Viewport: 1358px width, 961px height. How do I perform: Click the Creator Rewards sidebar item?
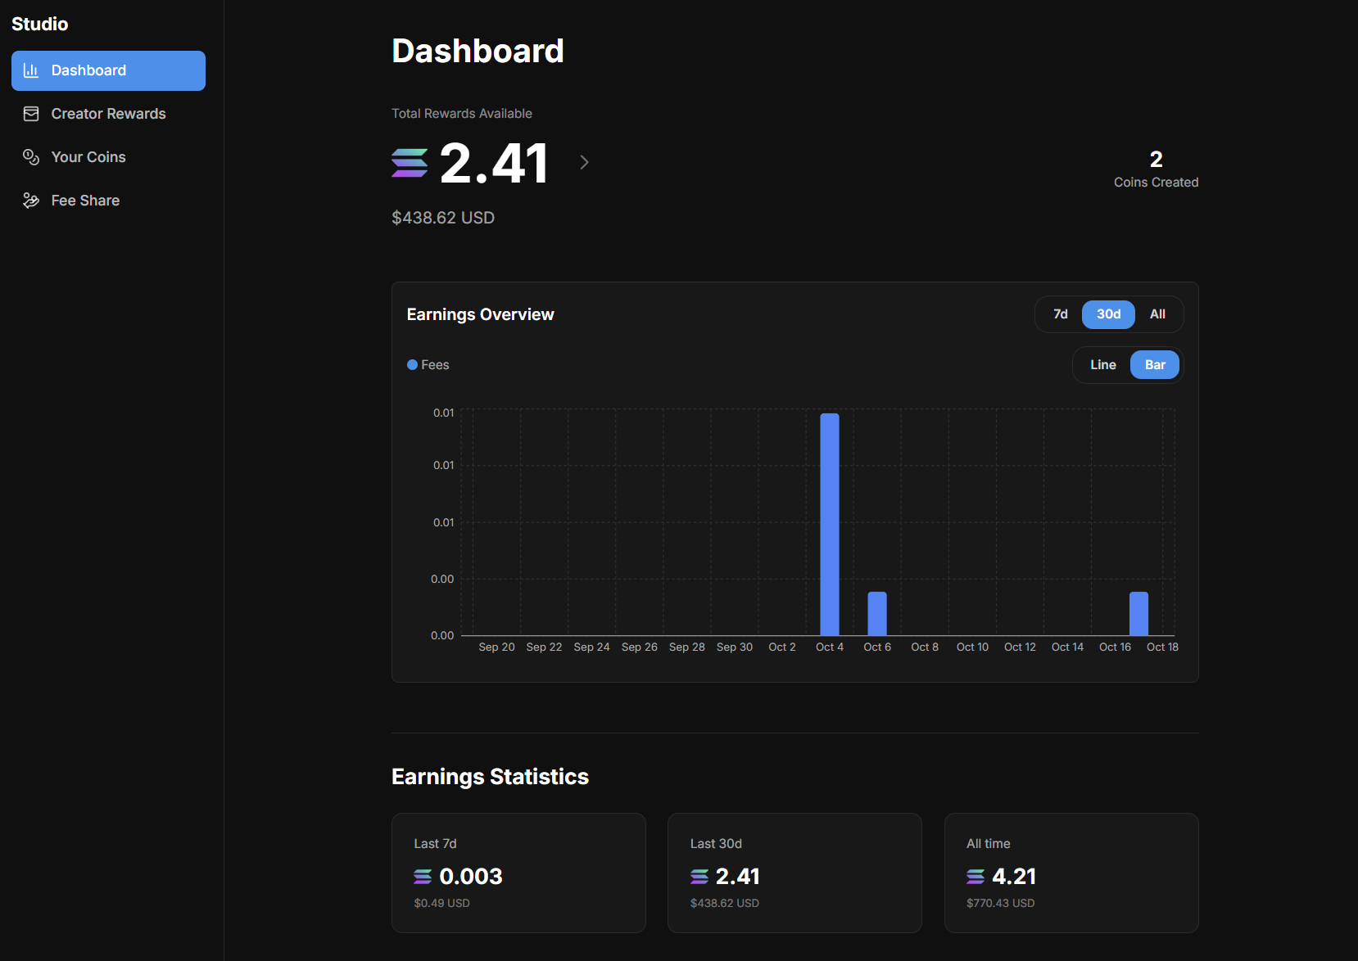click(107, 114)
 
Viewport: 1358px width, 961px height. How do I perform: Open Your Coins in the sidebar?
click(88, 157)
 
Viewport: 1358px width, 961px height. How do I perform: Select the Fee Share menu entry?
click(84, 201)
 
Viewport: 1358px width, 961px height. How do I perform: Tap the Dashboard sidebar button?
click(107, 70)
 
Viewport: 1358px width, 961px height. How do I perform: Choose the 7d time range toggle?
click(1060, 314)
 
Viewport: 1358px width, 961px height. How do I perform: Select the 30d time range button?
click(1107, 314)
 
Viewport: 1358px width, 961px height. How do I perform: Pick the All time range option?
click(1157, 314)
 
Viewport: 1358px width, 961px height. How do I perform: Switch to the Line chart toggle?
click(1102, 365)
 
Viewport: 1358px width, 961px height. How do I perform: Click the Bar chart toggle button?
click(1154, 365)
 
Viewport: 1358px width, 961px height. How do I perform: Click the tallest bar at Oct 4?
click(829, 524)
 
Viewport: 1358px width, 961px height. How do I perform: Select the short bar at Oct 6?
click(876, 613)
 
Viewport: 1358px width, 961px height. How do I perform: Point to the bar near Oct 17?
click(1138, 613)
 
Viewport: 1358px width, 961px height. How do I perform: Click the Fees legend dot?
click(412, 365)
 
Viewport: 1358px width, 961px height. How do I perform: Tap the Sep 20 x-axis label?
click(496, 647)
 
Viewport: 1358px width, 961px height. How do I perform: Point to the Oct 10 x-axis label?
click(971, 647)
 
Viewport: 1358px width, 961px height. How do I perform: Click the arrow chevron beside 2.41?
click(584, 162)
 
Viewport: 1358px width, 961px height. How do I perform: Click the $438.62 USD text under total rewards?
click(442, 218)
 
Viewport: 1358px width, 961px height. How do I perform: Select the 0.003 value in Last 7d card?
click(470, 877)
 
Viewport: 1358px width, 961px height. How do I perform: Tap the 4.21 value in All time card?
click(1013, 877)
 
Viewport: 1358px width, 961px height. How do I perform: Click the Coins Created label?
click(1155, 183)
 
